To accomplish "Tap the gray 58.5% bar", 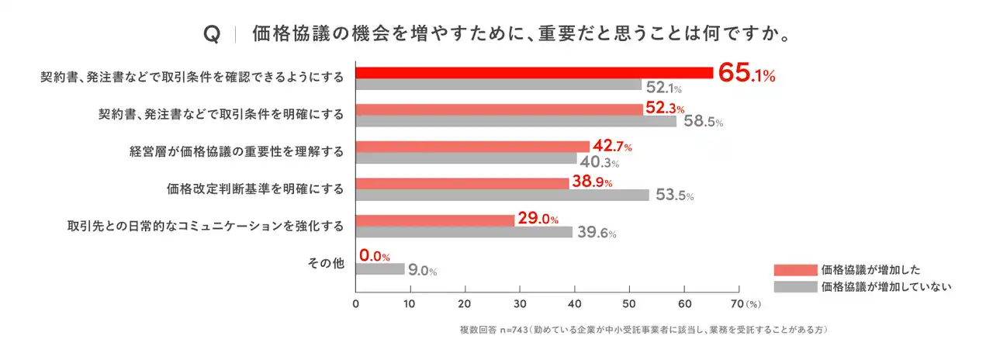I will pyautogui.click(x=516, y=122).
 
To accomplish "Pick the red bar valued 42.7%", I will pyautogui.click(x=472, y=147).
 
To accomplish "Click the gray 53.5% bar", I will pyautogui.click(x=502, y=196).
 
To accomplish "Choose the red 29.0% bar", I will pyautogui.click(x=435, y=220).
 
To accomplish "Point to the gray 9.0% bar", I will pyautogui.click(x=380, y=269).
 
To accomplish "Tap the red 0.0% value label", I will pyautogui.click(x=374, y=255).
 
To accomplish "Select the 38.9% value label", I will pyautogui.click(x=592, y=182).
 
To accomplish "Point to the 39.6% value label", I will pyautogui.click(x=597, y=233).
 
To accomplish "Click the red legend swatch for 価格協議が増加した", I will pyautogui.click(x=795, y=270).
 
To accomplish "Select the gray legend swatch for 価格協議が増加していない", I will pyautogui.click(x=795, y=286).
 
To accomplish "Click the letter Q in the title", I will pyautogui.click(x=209, y=35).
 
